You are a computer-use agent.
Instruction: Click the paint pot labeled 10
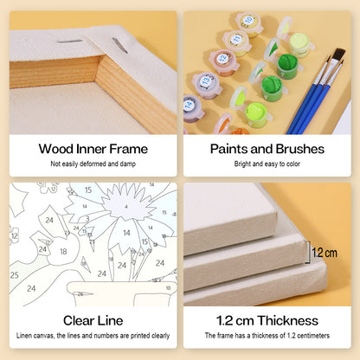[x=249, y=23]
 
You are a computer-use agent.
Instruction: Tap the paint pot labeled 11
[x=236, y=42]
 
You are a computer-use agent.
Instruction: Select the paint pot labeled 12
[x=223, y=62]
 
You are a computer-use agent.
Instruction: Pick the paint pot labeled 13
[x=206, y=85]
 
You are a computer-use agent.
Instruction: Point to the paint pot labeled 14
[x=191, y=107]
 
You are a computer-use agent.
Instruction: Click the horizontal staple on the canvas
[x=69, y=42]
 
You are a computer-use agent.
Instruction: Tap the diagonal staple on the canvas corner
[x=120, y=45]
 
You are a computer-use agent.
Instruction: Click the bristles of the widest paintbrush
[x=339, y=55]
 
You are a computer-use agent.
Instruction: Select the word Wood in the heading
[x=56, y=149]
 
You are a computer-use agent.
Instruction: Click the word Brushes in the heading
[x=300, y=149]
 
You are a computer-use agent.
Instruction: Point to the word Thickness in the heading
[x=288, y=321]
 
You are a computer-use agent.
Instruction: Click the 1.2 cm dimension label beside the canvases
[x=325, y=253]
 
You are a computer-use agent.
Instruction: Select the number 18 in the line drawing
[x=63, y=252]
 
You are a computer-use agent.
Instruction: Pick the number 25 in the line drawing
[x=15, y=275]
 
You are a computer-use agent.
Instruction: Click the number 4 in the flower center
[x=126, y=207]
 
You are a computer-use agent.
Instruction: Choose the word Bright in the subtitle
[x=242, y=164]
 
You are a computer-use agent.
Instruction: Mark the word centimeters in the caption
[x=313, y=336]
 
